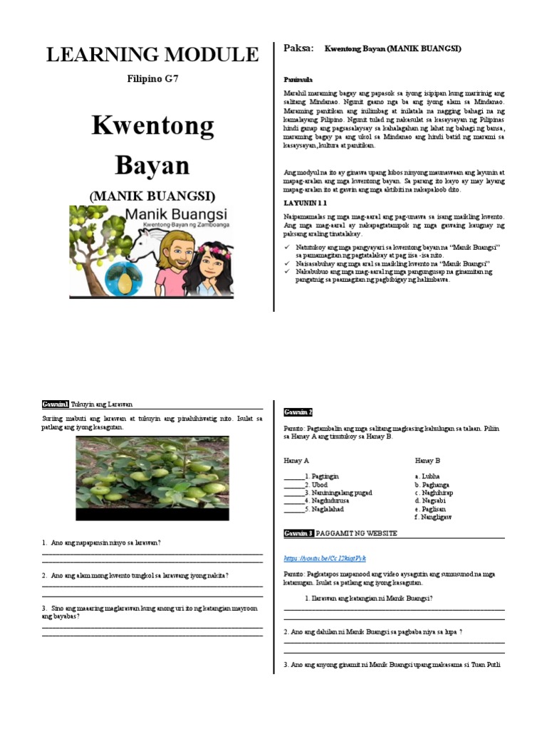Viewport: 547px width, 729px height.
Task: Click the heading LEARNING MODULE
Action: [152, 54]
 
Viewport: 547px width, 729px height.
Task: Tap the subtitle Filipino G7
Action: [152, 79]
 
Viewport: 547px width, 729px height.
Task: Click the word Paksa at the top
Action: [298, 48]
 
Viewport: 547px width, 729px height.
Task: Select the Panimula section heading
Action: [298, 80]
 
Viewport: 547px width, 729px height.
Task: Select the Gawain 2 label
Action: [298, 412]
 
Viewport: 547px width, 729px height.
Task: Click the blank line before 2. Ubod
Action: [293, 484]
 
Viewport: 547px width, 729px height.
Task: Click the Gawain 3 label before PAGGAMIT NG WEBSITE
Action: [298, 533]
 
